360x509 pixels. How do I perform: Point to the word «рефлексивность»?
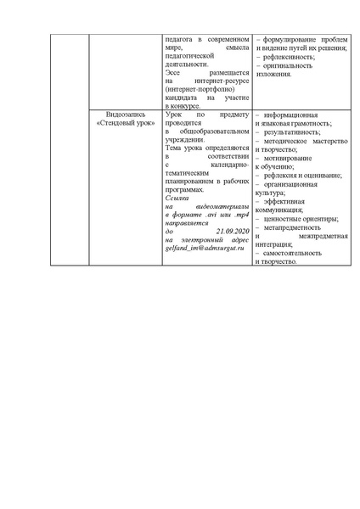[287, 57]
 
